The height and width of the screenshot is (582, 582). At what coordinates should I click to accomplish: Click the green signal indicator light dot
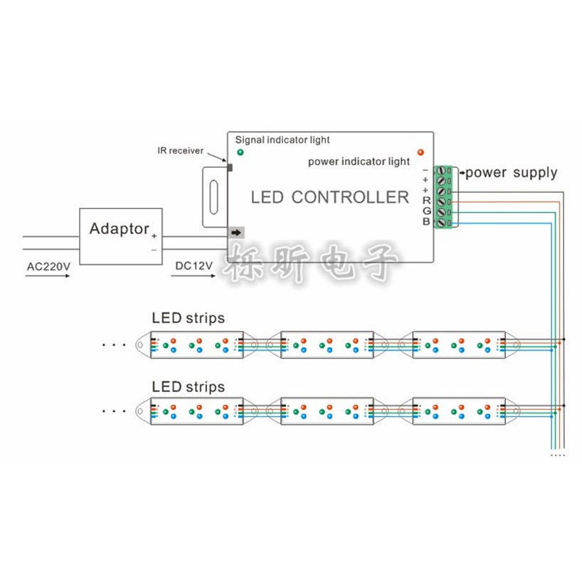240,152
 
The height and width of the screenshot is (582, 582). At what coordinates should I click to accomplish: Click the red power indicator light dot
420,152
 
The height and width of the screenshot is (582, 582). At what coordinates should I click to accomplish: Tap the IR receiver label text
181,151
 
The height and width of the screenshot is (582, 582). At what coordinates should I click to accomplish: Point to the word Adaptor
119,228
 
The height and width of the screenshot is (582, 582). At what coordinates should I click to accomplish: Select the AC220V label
48,267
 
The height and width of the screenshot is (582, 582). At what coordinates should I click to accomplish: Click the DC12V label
194,266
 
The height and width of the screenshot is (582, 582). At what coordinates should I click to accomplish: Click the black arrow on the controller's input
236,233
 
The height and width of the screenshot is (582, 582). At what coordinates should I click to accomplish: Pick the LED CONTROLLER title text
330,198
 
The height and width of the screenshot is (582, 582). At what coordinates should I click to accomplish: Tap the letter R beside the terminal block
426,201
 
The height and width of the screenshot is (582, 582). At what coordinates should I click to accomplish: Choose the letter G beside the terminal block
427,211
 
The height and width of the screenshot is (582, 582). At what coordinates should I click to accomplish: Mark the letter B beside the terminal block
426,221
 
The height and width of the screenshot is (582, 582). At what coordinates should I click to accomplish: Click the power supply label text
512,173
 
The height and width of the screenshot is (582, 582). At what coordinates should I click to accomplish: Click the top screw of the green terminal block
441,170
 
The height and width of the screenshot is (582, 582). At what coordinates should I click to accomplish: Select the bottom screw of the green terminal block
441,223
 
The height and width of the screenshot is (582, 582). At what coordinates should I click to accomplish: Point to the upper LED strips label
188,319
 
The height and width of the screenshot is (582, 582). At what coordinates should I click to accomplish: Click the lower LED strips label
188,387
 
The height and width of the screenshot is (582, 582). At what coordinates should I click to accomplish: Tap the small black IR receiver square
230,168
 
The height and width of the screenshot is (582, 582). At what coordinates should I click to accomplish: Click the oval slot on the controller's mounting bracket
213,197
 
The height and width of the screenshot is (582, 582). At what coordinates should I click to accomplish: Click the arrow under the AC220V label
48,276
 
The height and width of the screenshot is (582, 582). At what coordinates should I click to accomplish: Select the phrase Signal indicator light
282,140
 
